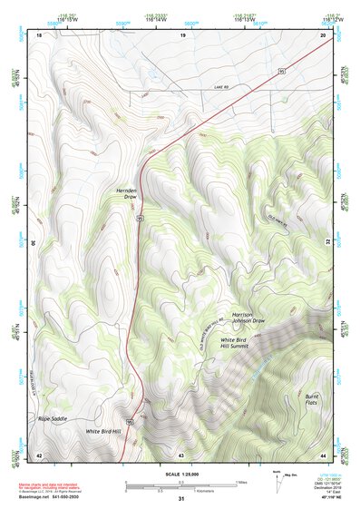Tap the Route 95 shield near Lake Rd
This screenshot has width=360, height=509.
coord(282,69)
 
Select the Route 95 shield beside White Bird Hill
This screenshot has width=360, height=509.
coord(131,422)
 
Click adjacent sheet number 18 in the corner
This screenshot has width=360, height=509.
coord(39,34)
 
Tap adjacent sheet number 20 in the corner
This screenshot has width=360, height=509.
coord(324,34)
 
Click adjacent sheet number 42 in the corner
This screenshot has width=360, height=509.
coord(39,454)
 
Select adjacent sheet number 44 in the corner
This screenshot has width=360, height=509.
coord(324,454)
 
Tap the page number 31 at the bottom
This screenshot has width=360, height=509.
coord(181,499)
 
